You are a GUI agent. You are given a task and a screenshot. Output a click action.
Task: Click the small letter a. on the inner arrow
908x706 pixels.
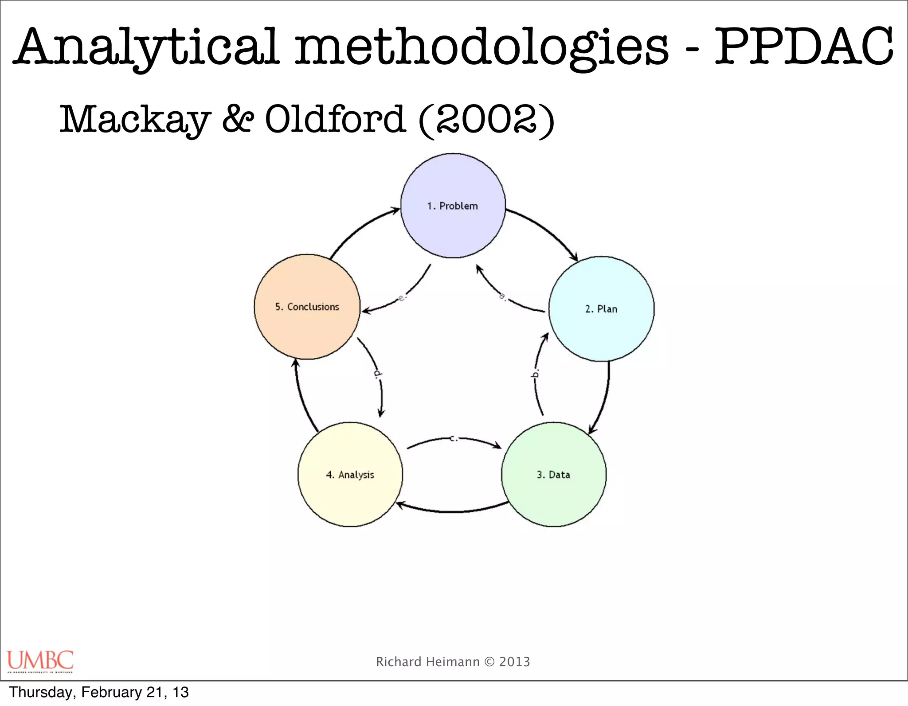(x=503, y=296)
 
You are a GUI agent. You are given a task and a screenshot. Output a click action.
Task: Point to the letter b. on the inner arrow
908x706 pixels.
(x=536, y=373)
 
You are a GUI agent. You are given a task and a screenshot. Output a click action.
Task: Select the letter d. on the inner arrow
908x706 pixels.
(x=377, y=373)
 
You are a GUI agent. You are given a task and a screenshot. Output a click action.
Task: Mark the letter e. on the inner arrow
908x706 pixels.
(x=402, y=297)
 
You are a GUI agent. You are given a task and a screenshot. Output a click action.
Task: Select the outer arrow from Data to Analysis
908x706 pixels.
(x=452, y=511)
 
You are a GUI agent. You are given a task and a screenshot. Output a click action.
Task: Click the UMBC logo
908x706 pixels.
(x=40, y=661)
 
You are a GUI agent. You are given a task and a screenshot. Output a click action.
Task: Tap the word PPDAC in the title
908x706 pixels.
(x=804, y=47)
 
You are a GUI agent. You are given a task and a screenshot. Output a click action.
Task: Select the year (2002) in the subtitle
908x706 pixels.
(x=486, y=119)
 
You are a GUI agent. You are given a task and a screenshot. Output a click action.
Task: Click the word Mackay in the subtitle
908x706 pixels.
(x=135, y=119)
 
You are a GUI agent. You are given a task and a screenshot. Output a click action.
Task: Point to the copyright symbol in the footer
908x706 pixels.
(x=489, y=662)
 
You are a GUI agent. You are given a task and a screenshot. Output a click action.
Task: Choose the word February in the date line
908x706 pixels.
(x=111, y=692)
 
